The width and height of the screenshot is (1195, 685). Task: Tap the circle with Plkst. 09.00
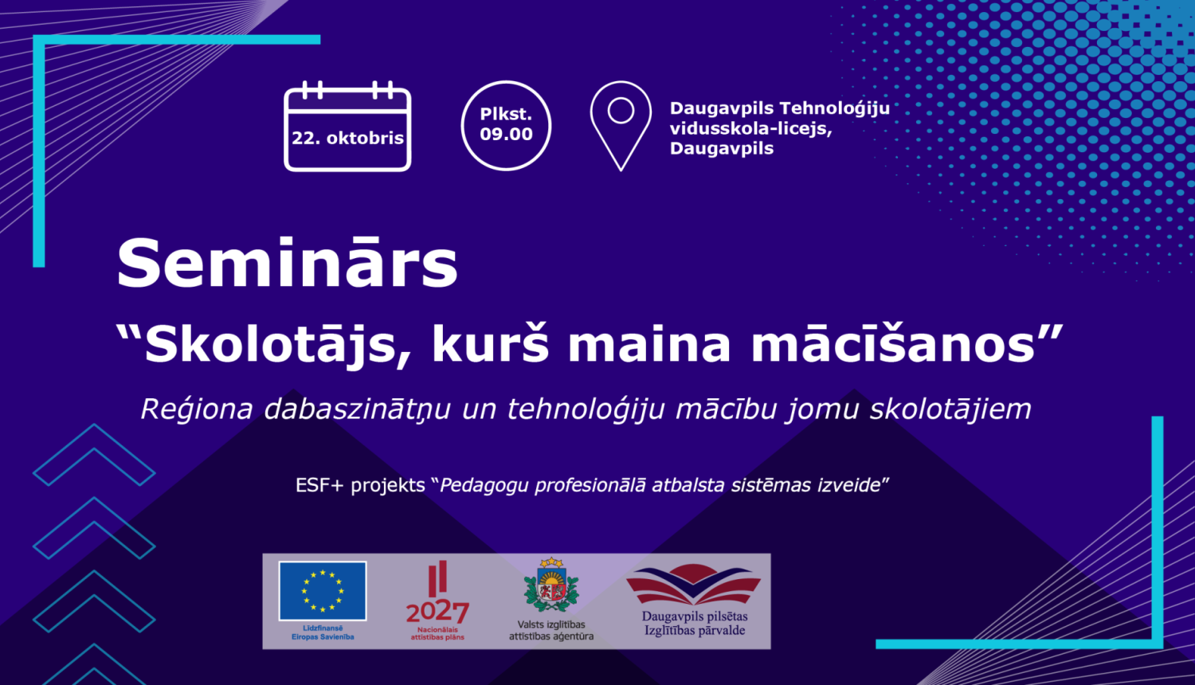(506, 125)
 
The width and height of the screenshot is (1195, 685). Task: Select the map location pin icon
(621, 123)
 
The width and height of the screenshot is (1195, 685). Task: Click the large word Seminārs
(287, 264)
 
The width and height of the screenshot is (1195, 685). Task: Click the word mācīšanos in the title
(892, 344)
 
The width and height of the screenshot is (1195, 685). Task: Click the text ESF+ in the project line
(319, 485)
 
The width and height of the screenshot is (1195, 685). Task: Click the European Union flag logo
(323, 591)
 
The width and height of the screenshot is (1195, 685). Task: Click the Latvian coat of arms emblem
(550, 585)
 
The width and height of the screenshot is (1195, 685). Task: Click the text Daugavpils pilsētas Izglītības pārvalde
(695, 623)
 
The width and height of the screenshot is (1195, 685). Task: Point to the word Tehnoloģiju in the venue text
(834, 108)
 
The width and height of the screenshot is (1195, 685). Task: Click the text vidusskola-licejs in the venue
(749, 128)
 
